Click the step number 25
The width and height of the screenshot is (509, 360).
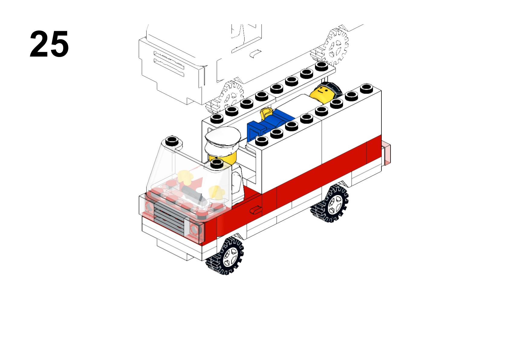(x=49, y=44)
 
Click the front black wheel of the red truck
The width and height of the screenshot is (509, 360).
(x=225, y=256)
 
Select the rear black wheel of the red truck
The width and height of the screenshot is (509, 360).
(x=330, y=203)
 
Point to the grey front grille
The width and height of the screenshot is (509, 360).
(x=169, y=217)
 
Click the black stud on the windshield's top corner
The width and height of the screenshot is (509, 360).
(x=172, y=141)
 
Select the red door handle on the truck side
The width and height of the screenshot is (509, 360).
(x=256, y=210)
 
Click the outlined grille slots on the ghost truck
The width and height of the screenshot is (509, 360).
(x=169, y=64)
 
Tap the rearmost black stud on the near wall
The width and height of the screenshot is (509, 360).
(x=366, y=88)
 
